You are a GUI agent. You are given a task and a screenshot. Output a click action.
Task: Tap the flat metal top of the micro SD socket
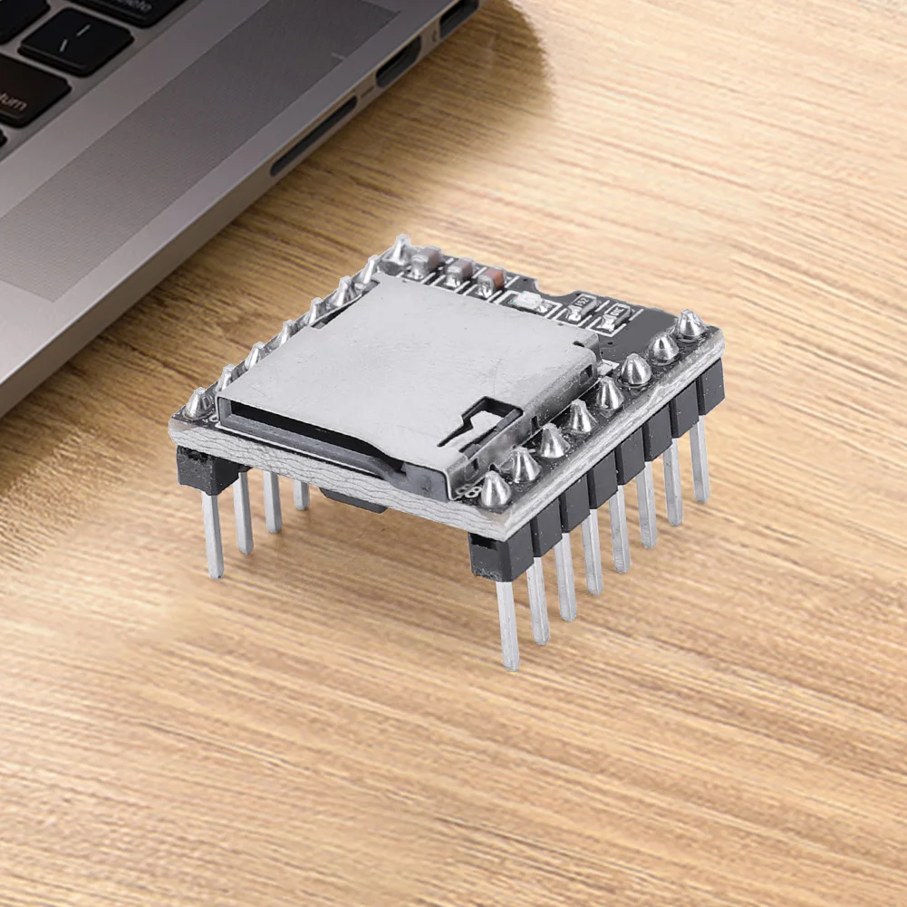click(x=399, y=353)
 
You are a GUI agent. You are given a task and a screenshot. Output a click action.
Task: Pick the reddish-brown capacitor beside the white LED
click(x=490, y=280)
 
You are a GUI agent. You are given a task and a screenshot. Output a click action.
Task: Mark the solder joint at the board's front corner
click(x=494, y=489)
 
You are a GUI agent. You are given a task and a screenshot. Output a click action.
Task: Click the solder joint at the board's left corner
click(x=198, y=404)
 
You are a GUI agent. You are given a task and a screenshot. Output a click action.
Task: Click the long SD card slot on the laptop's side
click(x=313, y=137)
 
